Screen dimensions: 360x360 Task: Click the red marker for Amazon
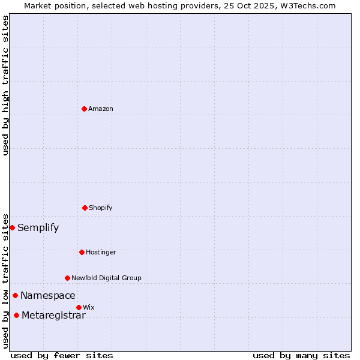tap(84, 109)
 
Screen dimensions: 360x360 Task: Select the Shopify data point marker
tap(85, 208)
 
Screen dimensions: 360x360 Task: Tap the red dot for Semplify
tap(12, 227)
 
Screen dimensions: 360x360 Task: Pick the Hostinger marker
tap(82, 252)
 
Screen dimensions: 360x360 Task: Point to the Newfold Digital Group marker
tap(67, 278)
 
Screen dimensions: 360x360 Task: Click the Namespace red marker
tap(15, 295)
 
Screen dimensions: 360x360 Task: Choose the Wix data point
tap(79, 307)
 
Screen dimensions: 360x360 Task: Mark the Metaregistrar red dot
tap(16, 315)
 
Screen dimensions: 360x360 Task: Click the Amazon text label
tap(101, 109)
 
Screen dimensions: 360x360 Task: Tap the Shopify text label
tap(101, 208)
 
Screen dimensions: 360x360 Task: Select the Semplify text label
tap(38, 227)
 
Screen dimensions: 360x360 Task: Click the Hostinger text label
tap(101, 252)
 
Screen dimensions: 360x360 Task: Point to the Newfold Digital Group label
tap(107, 278)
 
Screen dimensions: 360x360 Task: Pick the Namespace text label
tap(48, 295)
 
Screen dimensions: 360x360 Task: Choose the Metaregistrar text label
tap(53, 315)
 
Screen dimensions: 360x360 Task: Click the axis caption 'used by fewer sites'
tap(62, 355)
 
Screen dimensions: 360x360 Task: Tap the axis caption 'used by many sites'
tap(301, 355)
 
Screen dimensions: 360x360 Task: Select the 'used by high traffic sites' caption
tap(5, 85)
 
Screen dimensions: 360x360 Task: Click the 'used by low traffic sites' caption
tap(5, 281)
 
